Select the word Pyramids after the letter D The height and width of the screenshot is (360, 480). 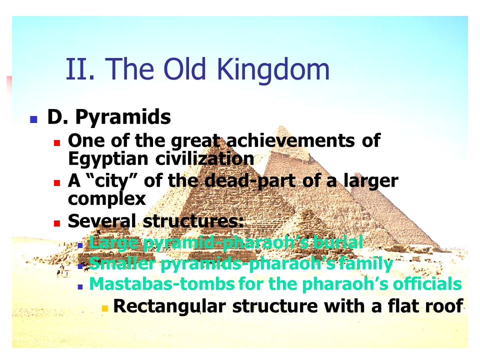123,117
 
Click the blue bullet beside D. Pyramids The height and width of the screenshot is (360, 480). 33,119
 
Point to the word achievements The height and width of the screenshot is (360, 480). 290,140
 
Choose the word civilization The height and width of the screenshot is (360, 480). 205,158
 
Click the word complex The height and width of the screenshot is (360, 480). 107,199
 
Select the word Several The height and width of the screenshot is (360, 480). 101,220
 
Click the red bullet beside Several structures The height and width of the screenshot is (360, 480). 57,223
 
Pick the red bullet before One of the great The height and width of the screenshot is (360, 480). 57,142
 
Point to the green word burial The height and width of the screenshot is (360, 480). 338,242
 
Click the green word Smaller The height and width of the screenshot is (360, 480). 122,263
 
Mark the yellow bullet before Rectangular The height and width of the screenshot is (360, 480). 105,308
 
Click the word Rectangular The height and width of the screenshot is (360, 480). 169,306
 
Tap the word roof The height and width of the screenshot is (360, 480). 447,306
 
